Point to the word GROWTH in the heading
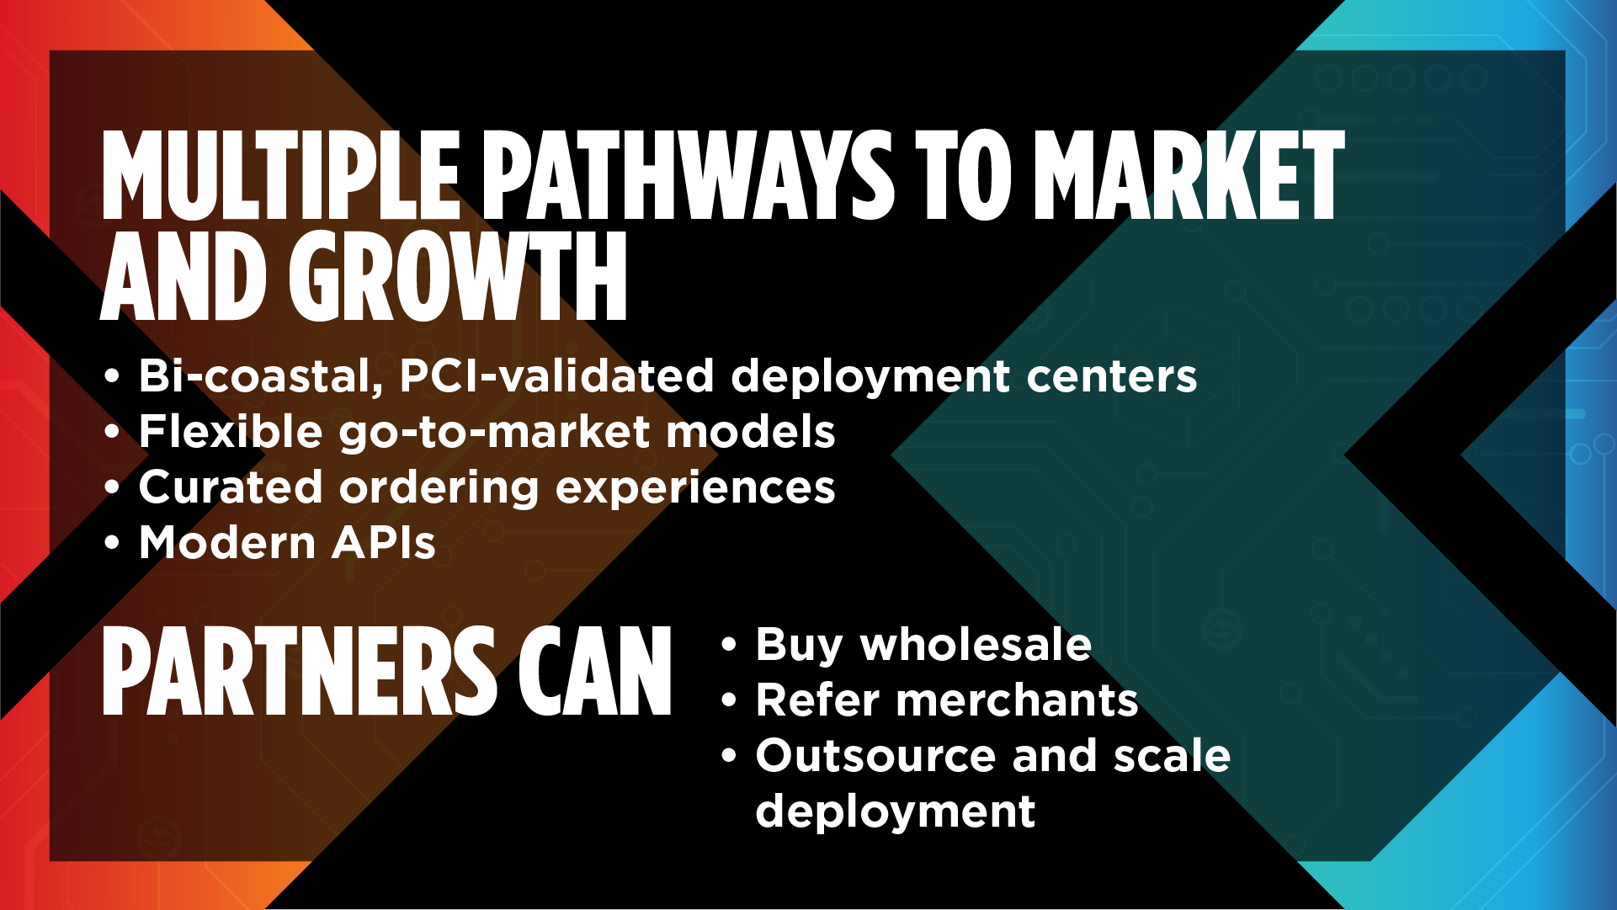(458, 277)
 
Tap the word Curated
(231, 487)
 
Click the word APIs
(384, 543)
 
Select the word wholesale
(976, 645)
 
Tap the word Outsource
(875, 756)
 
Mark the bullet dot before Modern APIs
(112, 543)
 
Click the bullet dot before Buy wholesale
(729, 646)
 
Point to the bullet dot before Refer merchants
(729, 701)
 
